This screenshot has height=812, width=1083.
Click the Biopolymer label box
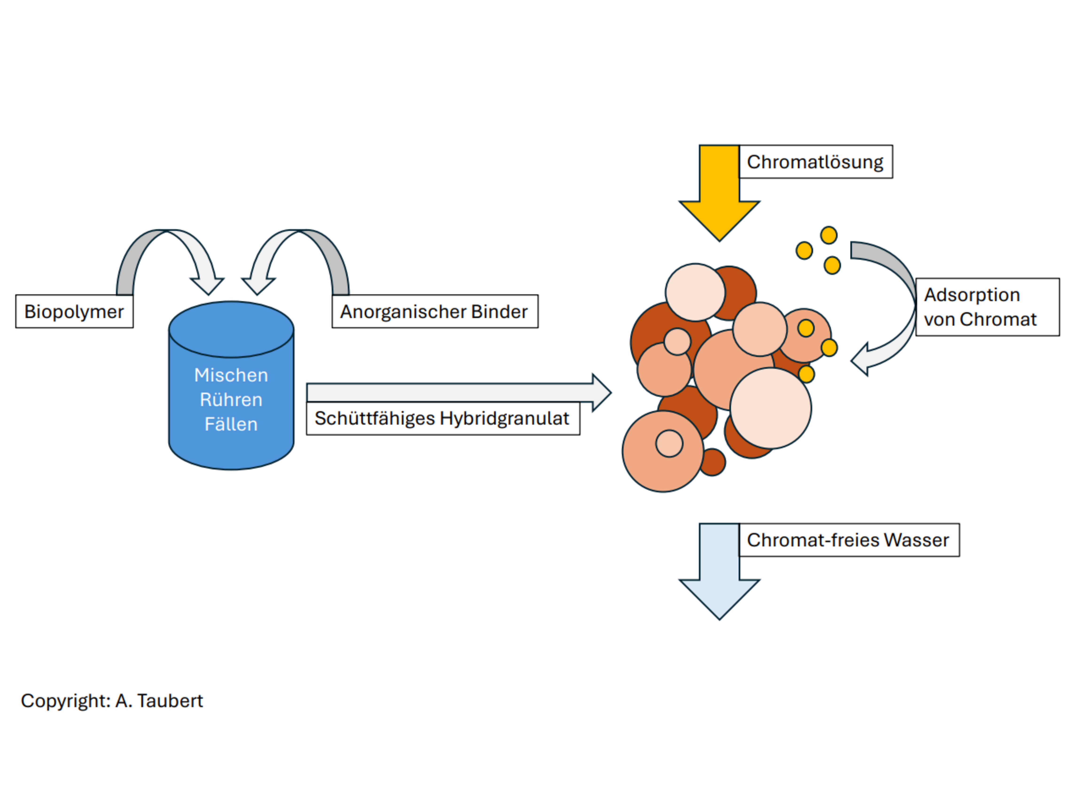tap(75, 311)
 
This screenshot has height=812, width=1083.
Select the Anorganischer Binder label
tap(435, 311)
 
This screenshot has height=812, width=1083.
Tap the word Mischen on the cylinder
tap(231, 375)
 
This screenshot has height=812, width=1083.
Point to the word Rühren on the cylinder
tap(231, 399)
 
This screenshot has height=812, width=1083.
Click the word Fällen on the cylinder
tap(231, 424)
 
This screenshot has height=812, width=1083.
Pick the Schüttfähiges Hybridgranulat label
tap(443, 418)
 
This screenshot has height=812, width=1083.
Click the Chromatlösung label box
tap(816, 161)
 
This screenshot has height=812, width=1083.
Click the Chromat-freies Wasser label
tap(848, 540)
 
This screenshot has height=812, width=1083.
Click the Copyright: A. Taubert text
tap(112, 700)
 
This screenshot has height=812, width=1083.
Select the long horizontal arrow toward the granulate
tap(455, 393)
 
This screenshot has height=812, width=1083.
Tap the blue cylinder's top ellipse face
tap(231, 329)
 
